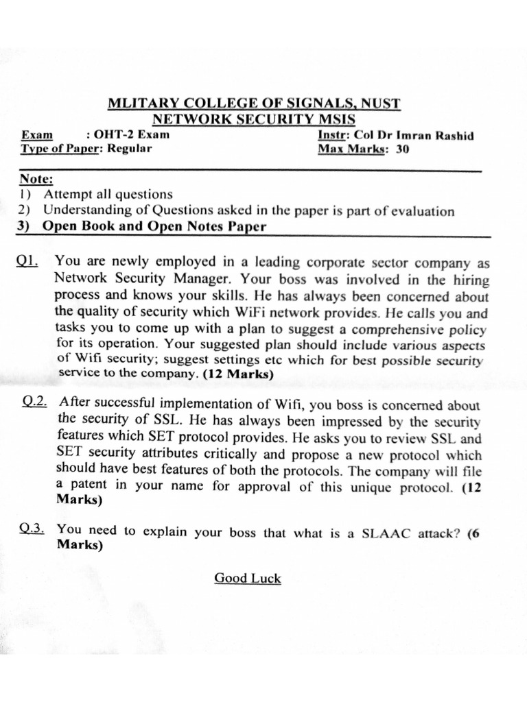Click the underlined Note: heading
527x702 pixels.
point(36,179)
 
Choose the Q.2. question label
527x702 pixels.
point(34,402)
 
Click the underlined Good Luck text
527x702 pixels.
point(248,578)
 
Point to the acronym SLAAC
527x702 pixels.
point(385,533)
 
